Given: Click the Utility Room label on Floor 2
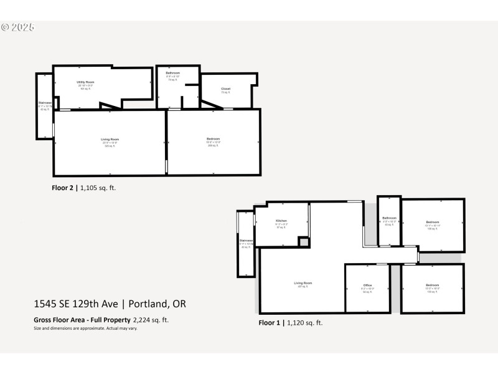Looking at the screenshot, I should (x=85, y=82).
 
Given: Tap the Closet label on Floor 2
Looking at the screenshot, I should (x=225, y=89).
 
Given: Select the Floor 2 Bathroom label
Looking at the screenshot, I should (x=173, y=73).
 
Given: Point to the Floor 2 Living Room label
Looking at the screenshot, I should (x=110, y=139).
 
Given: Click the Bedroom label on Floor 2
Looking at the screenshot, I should (x=213, y=138).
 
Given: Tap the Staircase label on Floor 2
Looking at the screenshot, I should (x=44, y=102).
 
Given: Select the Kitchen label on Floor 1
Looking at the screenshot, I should (x=281, y=221).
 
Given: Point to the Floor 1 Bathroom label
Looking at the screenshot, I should (x=389, y=218).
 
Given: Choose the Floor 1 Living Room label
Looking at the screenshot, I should (x=303, y=283).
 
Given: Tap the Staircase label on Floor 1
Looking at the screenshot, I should (x=246, y=240).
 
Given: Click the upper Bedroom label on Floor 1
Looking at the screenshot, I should (x=432, y=223).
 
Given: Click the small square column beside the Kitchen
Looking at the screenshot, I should (x=304, y=242).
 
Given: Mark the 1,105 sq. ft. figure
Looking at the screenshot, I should (x=98, y=186).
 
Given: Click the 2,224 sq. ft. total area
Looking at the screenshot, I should (x=151, y=320).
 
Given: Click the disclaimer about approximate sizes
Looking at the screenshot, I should (x=85, y=328).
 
